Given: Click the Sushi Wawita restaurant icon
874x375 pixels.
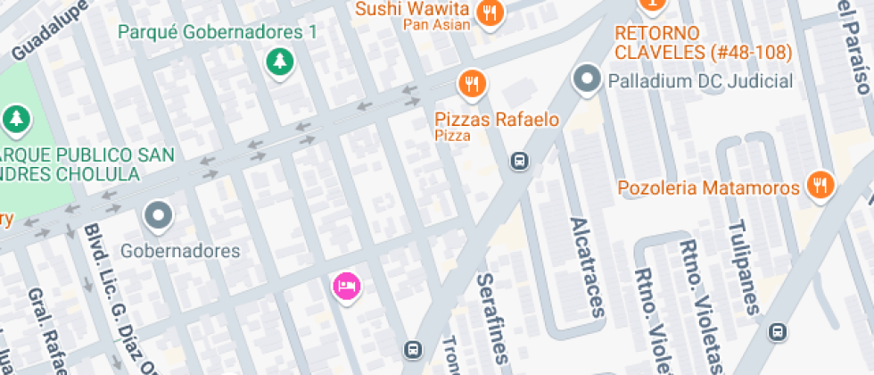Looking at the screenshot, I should pyautogui.click(x=490, y=12).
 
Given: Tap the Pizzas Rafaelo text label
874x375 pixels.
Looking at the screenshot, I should pyautogui.click(x=497, y=119).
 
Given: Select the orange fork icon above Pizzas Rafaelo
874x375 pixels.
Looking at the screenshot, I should pyautogui.click(x=472, y=84).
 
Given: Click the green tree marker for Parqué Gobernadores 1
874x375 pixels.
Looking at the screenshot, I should pyautogui.click(x=281, y=62).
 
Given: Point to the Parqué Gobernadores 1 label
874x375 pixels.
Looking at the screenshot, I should pyautogui.click(x=218, y=32).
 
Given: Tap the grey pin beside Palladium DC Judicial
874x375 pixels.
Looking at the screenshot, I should pyautogui.click(x=587, y=80).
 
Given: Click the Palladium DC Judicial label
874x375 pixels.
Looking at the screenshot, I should pyautogui.click(x=700, y=81).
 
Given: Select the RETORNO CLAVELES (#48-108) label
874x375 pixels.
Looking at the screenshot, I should pyautogui.click(x=703, y=43).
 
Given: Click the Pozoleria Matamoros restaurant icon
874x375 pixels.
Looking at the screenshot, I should pyautogui.click(x=818, y=185).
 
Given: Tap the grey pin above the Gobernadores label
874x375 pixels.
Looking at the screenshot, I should pyautogui.click(x=159, y=215).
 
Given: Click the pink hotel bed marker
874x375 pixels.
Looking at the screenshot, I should pyautogui.click(x=346, y=286).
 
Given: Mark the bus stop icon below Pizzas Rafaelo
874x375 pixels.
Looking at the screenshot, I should pyautogui.click(x=518, y=162).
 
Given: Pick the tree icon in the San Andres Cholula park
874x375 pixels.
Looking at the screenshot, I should pyautogui.click(x=16, y=117).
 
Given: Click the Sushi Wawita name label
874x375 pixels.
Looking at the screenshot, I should pyautogui.click(x=412, y=10).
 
